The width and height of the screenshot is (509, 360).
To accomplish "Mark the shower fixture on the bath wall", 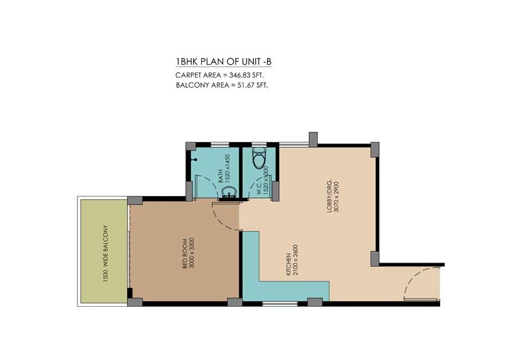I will (194, 160).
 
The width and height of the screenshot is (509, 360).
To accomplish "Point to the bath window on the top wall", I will (219, 145).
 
